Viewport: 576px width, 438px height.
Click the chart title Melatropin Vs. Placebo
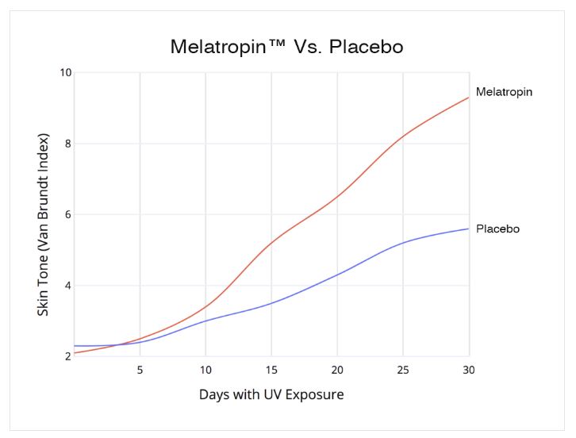287,47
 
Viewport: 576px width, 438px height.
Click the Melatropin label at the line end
504,92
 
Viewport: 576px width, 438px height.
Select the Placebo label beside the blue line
497,229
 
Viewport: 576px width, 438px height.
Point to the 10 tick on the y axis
65,73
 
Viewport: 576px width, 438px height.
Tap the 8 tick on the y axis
67,144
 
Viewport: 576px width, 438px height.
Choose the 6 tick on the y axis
67,214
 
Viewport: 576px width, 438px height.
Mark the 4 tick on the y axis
67,286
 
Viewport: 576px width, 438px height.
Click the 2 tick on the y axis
67,356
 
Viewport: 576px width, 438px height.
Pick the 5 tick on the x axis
140,370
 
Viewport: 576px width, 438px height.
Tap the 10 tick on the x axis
205,370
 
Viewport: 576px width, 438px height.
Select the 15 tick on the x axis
271,370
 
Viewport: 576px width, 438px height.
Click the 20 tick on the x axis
337,370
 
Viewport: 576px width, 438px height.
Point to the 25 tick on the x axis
403,370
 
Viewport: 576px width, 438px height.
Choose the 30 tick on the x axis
469,370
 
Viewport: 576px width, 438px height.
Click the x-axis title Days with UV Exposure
271,394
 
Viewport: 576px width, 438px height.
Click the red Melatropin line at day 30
468,98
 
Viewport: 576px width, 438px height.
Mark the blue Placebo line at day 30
468,229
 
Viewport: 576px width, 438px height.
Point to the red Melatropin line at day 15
271,243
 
